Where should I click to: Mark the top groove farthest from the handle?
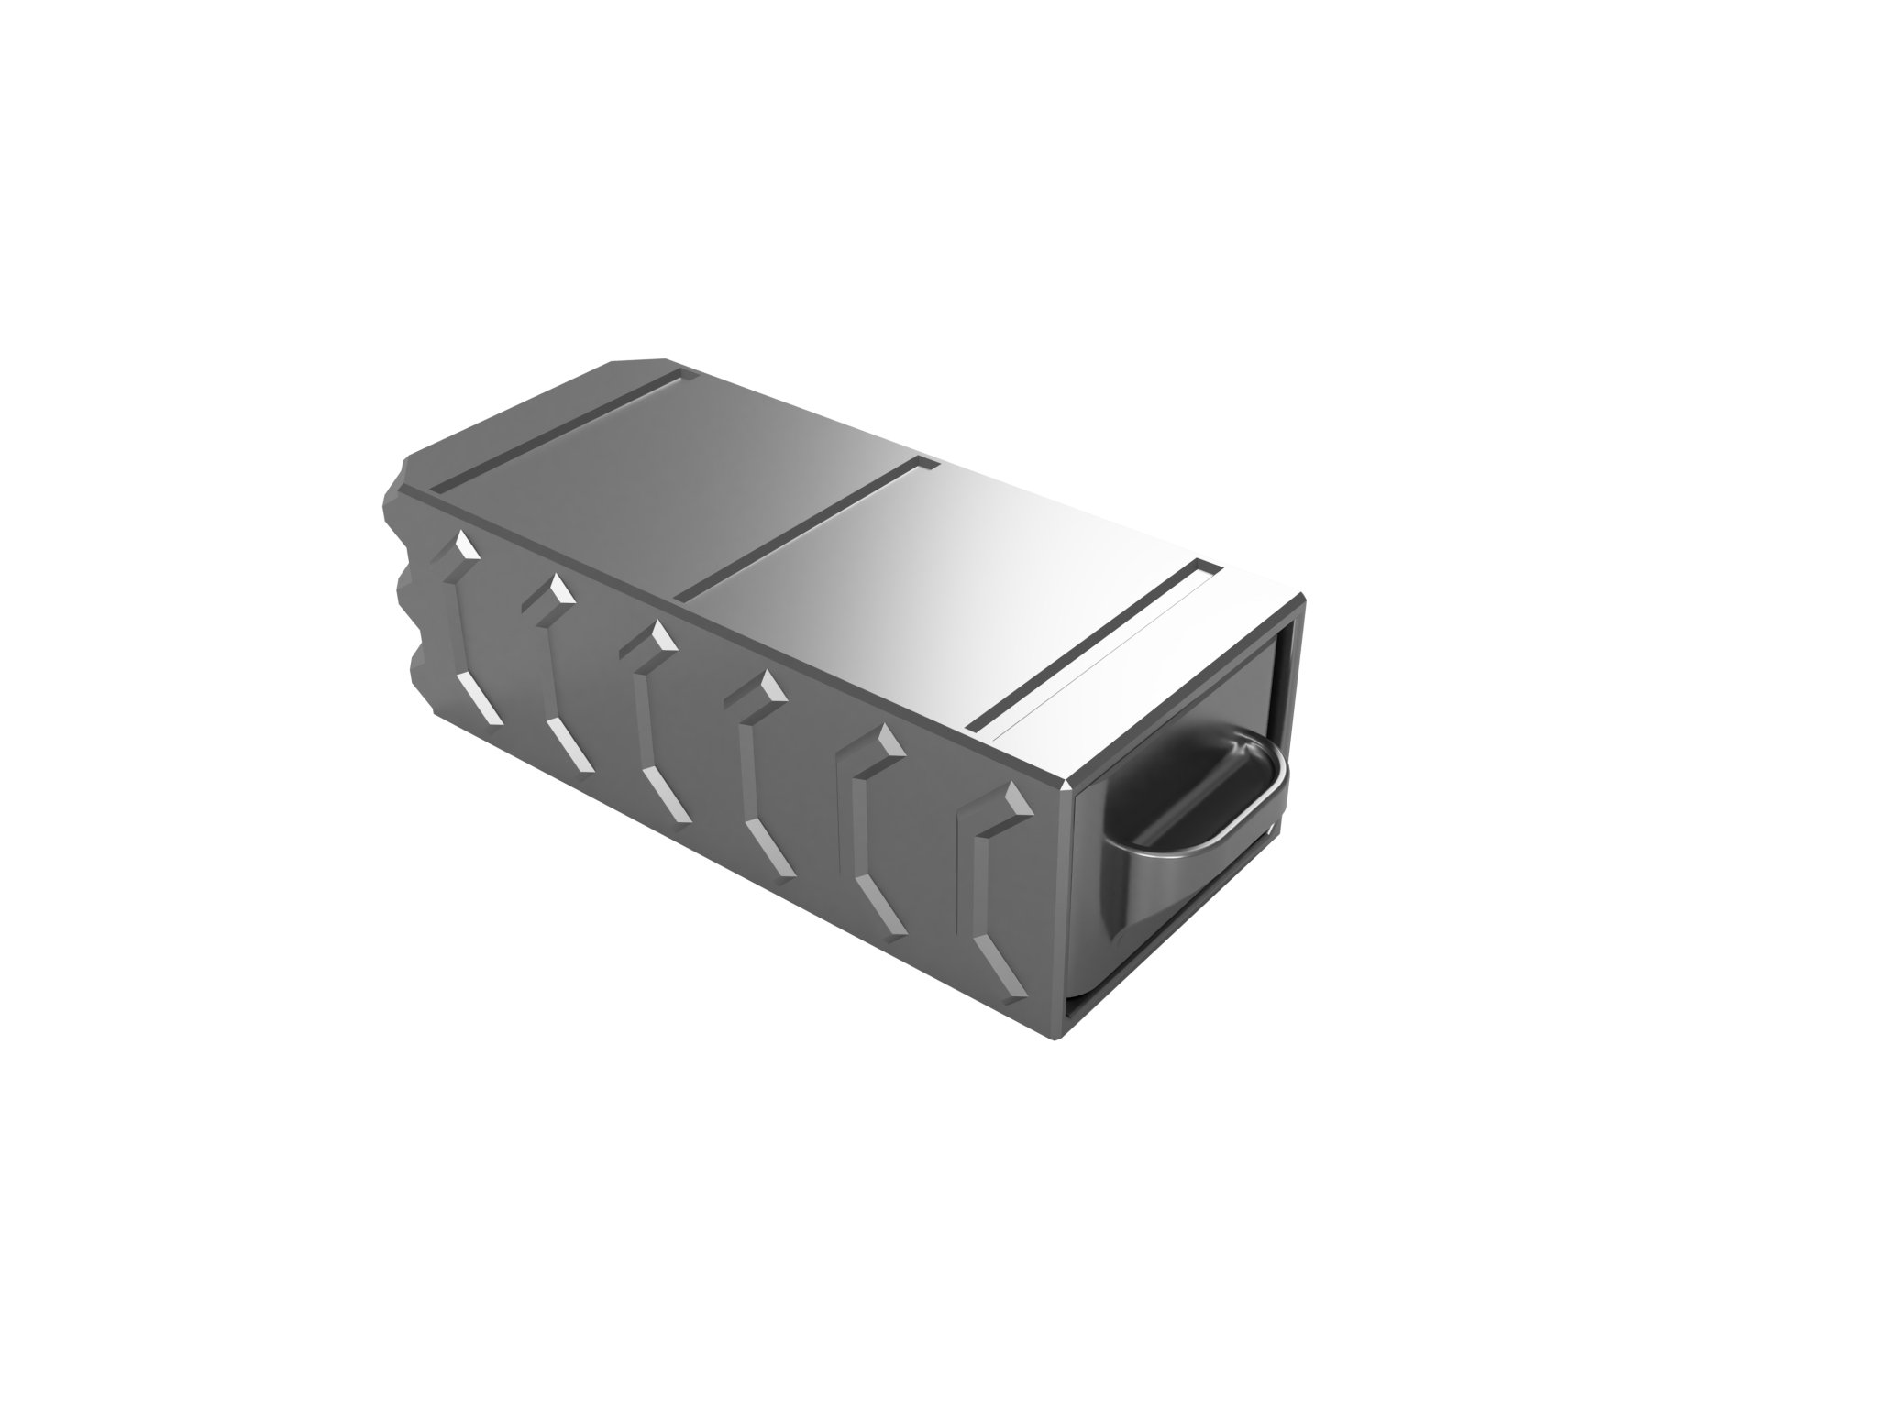559,425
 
